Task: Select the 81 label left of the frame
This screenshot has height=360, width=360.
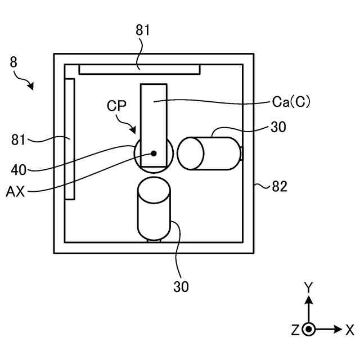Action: tap(20, 138)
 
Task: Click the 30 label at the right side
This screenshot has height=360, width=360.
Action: tap(278, 128)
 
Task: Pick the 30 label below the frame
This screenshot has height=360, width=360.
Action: tap(181, 286)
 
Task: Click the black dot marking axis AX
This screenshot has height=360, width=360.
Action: tap(153, 153)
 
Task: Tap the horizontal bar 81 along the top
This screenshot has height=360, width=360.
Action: tap(139, 69)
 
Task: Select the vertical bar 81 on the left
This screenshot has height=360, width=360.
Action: tap(70, 139)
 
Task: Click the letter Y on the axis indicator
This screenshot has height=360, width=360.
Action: tap(308, 287)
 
